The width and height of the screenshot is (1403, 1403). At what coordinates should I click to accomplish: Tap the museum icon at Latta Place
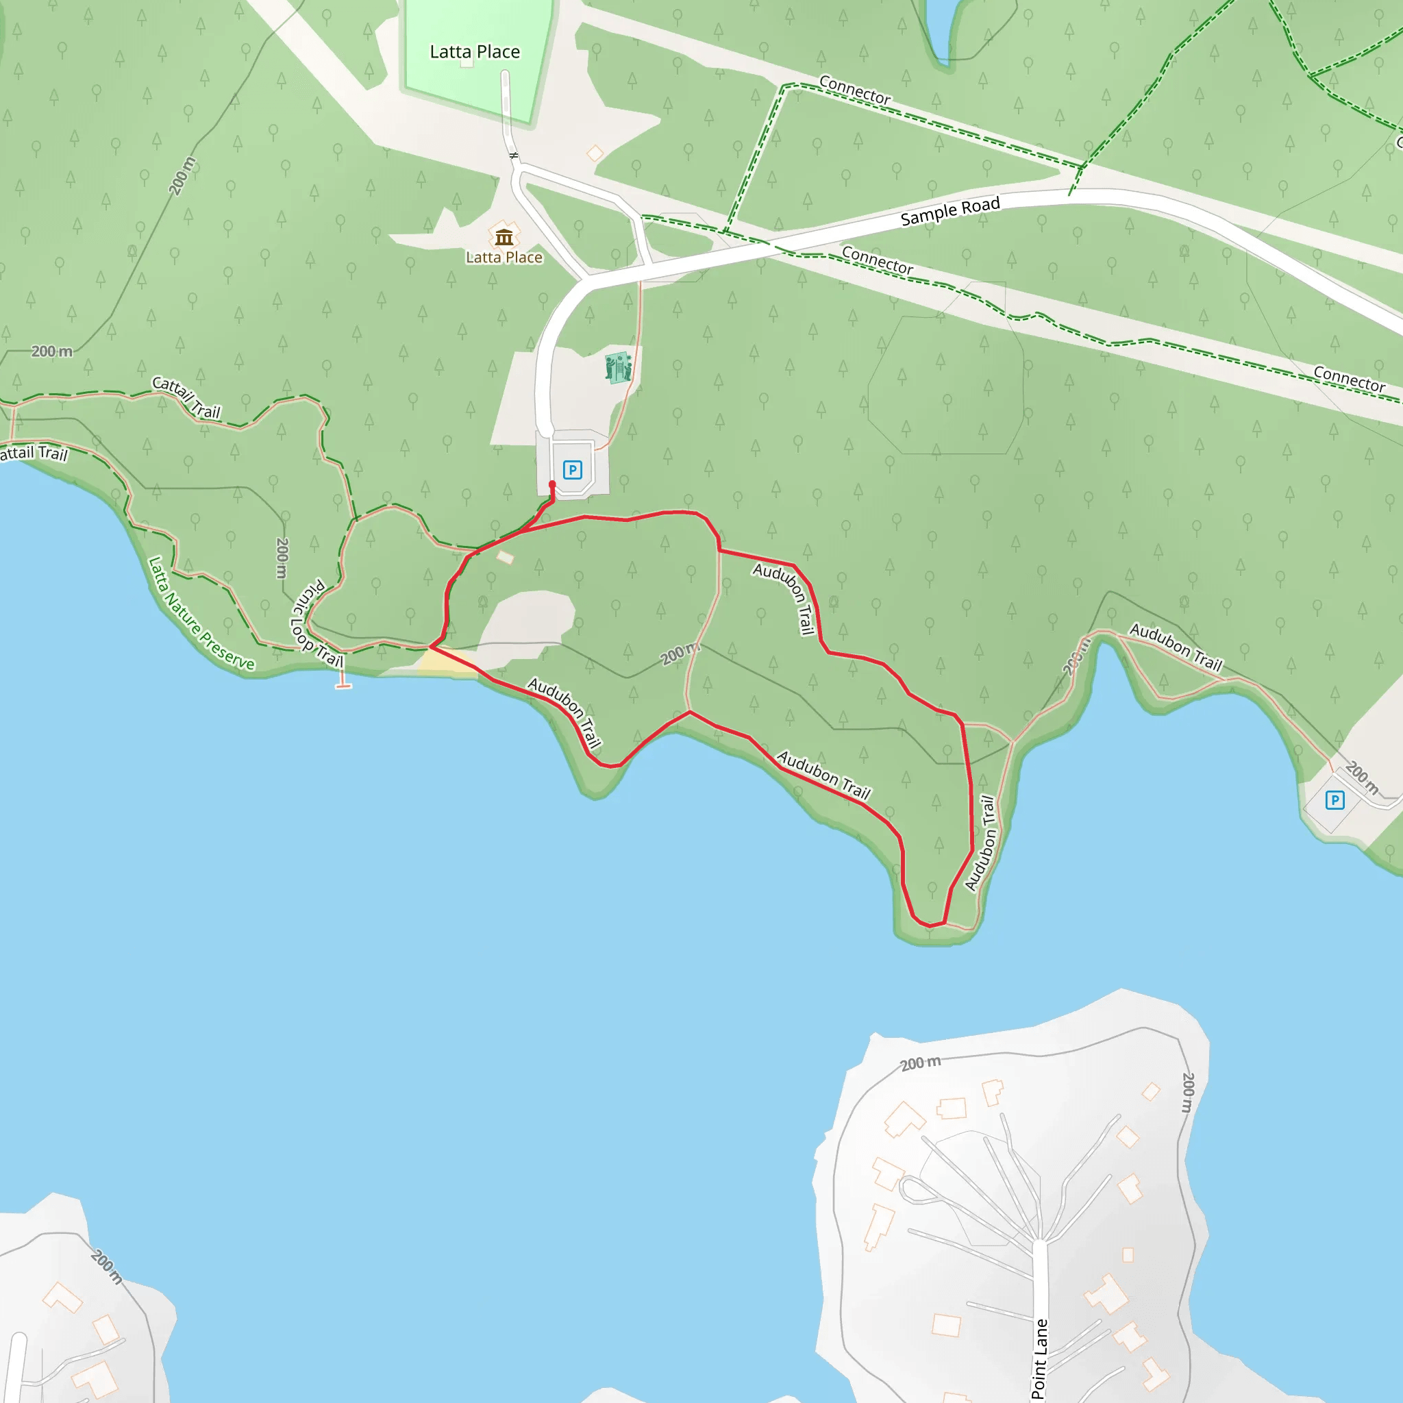(x=504, y=237)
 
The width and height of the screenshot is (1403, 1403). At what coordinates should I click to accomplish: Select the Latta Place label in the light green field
(x=475, y=51)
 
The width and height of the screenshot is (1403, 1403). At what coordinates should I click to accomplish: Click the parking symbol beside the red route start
(x=572, y=470)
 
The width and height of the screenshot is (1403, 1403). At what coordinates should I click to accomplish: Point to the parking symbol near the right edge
(x=1334, y=800)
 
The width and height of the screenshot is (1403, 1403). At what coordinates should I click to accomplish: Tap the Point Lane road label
(x=1040, y=1358)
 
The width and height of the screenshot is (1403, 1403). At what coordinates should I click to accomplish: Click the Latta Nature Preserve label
(x=201, y=614)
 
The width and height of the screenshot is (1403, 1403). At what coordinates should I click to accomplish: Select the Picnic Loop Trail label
(x=316, y=624)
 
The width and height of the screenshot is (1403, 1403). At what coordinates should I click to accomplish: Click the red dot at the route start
(x=552, y=484)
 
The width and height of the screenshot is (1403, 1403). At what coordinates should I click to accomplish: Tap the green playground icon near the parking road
(x=618, y=367)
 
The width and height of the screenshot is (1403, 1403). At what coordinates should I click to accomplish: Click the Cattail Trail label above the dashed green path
(x=186, y=397)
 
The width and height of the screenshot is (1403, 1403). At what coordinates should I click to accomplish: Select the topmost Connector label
(x=855, y=90)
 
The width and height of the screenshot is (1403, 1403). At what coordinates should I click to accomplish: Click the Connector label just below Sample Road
(x=878, y=260)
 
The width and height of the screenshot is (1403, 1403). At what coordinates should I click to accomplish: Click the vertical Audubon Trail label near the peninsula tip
(x=980, y=843)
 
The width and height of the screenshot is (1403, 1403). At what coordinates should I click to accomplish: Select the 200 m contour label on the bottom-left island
(x=107, y=1267)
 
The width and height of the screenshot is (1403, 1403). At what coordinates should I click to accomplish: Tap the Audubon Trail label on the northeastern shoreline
(x=1176, y=647)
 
